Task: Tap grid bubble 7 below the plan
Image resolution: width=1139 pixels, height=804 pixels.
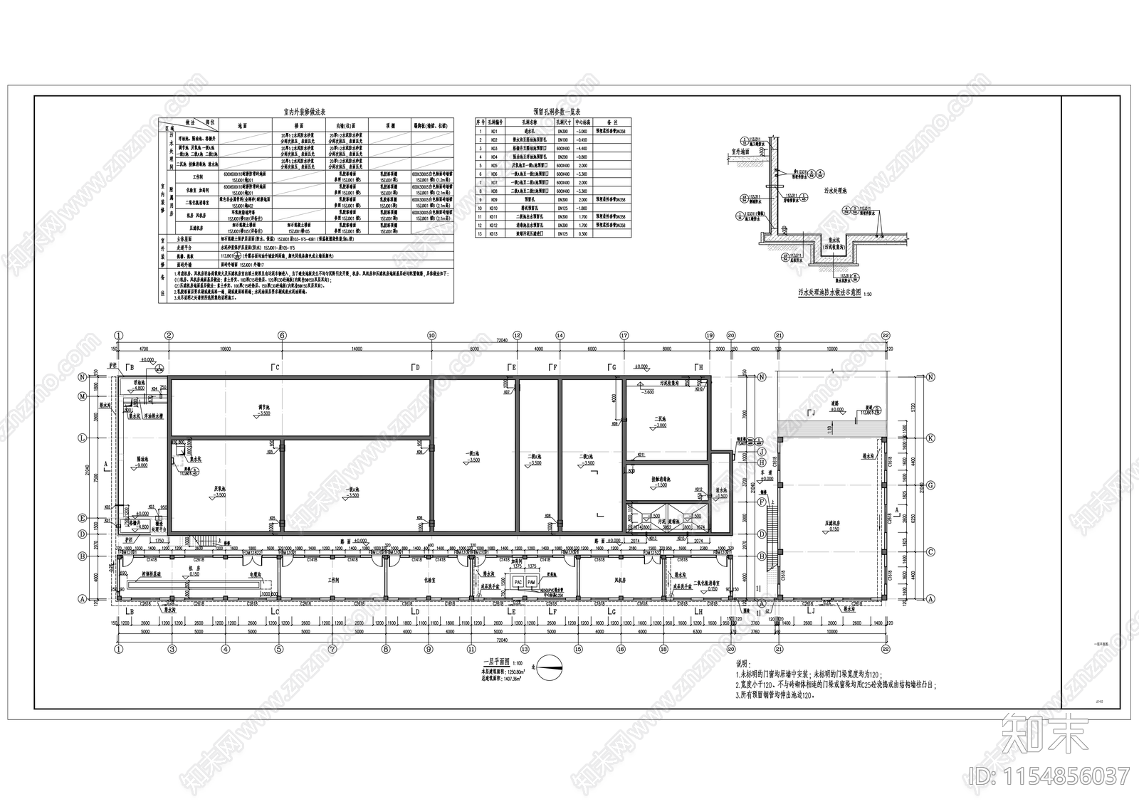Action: pos(332,649)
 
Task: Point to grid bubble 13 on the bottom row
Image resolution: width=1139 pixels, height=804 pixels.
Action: pos(525,649)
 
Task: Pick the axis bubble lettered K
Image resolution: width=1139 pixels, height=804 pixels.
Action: pos(930,438)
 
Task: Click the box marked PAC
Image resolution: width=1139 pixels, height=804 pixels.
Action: pos(518,582)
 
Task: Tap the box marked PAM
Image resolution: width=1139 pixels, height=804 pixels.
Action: pos(531,582)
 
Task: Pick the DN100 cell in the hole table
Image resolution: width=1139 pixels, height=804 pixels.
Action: pos(562,140)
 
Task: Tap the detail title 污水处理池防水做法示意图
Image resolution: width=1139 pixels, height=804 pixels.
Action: pos(830,292)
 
